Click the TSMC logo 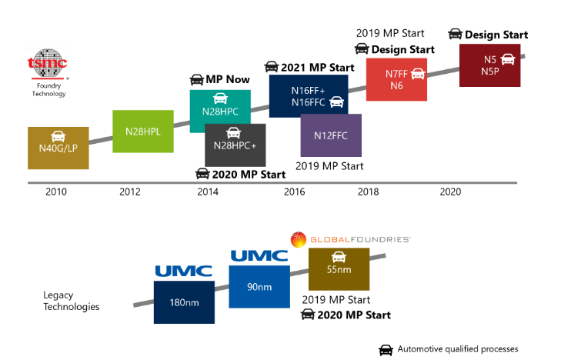(47, 65)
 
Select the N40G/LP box (58, 148)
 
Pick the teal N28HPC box (219, 103)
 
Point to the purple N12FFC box (330, 135)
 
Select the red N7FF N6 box (396, 79)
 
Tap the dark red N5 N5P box (489, 65)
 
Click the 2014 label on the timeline (207, 192)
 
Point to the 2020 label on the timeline (450, 192)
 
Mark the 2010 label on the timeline (56, 192)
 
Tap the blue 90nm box (258, 287)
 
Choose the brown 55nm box (338, 268)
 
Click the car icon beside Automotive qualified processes (386, 349)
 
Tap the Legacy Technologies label (72, 300)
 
